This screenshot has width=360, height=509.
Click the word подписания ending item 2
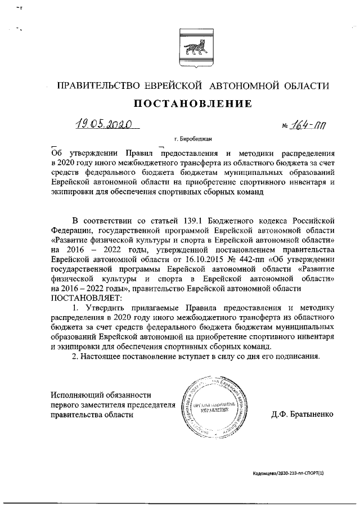click(299, 355)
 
